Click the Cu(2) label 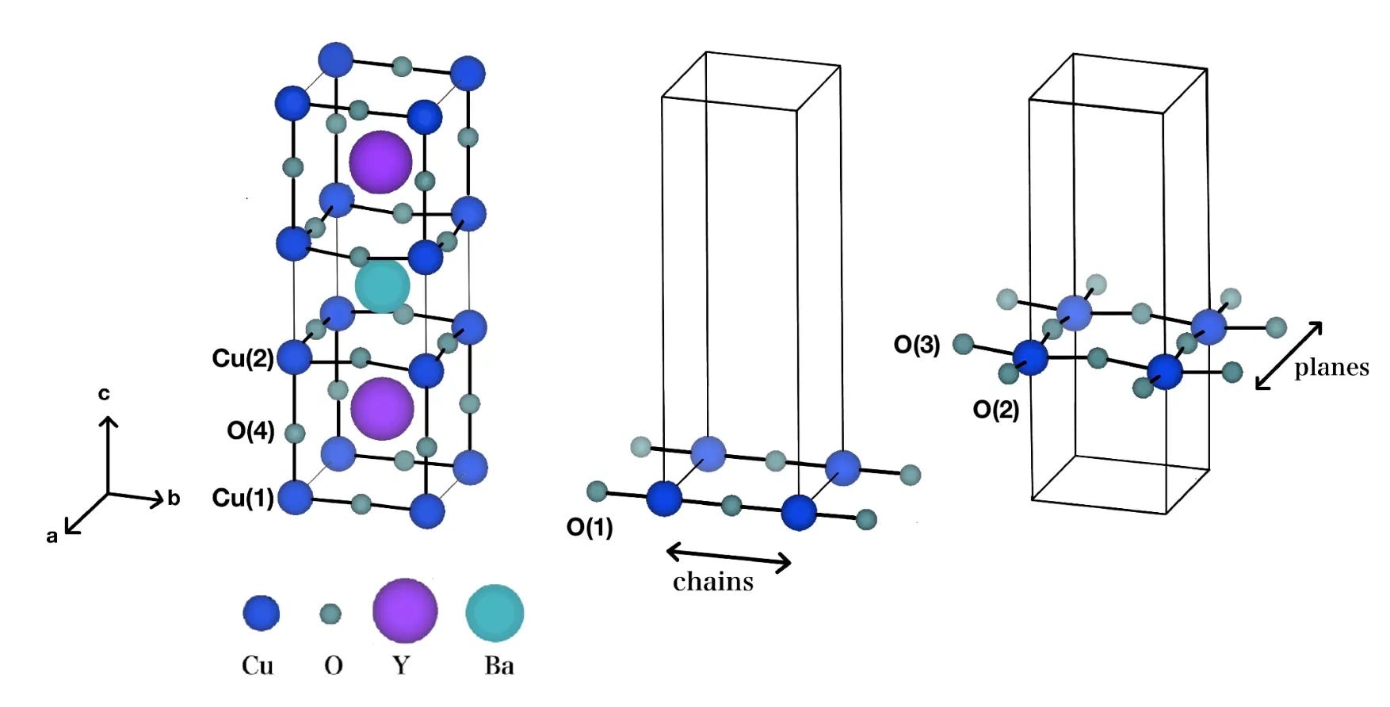[x=242, y=358]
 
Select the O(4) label [x=250, y=430]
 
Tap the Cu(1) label [x=242, y=498]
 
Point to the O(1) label [x=590, y=527]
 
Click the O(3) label [x=917, y=345]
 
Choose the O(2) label [x=996, y=410]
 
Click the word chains [x=713, y=583]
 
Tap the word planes [x=1331, y=368]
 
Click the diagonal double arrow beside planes [x=1289, y=355]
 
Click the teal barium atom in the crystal [x=383, y=285]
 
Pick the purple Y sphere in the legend [x=405, y=610]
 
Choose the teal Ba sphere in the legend [x=495, y=613]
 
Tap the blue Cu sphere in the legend [x=261, y=613]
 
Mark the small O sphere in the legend [x=330, y=613]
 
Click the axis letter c [x=104, y=394]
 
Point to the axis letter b [x=174, y=499]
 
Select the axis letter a [x=52, y=537]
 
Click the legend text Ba [x=499, y=665]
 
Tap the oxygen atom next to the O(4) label [x=295, y=433]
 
